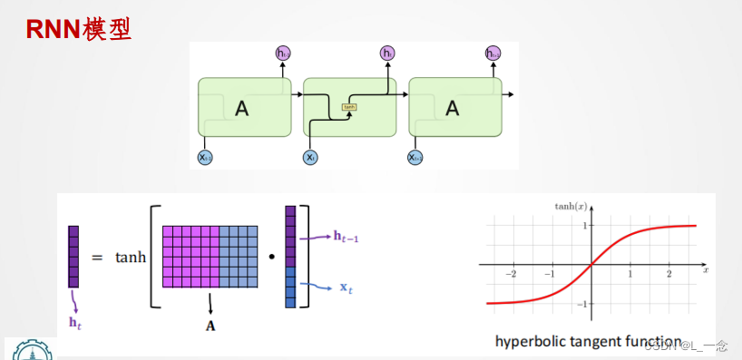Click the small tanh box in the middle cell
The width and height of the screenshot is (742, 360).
(349, 106)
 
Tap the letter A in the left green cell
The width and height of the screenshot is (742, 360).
(241, 109)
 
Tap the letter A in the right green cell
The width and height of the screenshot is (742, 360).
(453, 109)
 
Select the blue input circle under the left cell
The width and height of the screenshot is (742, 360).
(205, 158)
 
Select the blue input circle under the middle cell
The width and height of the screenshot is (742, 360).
(310, 158)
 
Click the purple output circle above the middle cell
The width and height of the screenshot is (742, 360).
(388, 54)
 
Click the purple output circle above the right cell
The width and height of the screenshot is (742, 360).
(493, 54)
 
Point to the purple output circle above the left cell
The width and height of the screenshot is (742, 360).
(283, 54)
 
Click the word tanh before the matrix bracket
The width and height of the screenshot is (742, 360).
(131, 258)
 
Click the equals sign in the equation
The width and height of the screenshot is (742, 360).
(97, 258)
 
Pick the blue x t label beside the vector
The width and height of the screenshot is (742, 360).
(347, 287)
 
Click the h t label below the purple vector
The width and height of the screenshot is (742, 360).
(75, 322)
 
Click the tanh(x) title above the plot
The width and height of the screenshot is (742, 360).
(571, 207)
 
